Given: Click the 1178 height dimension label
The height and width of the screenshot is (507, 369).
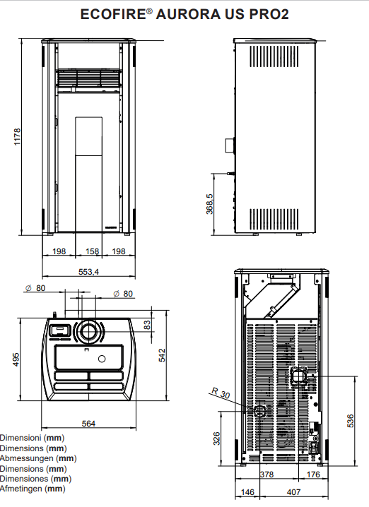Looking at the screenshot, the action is click(x=17, y=136).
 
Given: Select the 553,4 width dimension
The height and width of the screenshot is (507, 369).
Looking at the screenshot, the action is click(x=88, y=272).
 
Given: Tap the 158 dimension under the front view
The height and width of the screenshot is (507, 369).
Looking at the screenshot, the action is click(x=92, y=251).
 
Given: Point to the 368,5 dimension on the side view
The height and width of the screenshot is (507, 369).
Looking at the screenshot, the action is click(x=210, y=204).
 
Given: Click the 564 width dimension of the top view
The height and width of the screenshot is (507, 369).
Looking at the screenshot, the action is click(x=88, y=424).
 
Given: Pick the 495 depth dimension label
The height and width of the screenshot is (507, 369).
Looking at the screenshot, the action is click(x=16, y=359).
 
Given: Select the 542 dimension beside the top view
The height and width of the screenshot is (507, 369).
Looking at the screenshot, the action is click(x=162, y=355).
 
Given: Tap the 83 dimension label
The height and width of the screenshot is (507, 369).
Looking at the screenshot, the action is click(x=147, y=325).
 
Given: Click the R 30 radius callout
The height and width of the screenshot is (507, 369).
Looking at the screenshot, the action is click(x=221, y=393).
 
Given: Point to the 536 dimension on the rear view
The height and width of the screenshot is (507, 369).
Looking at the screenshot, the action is click(x=351, y=421).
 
